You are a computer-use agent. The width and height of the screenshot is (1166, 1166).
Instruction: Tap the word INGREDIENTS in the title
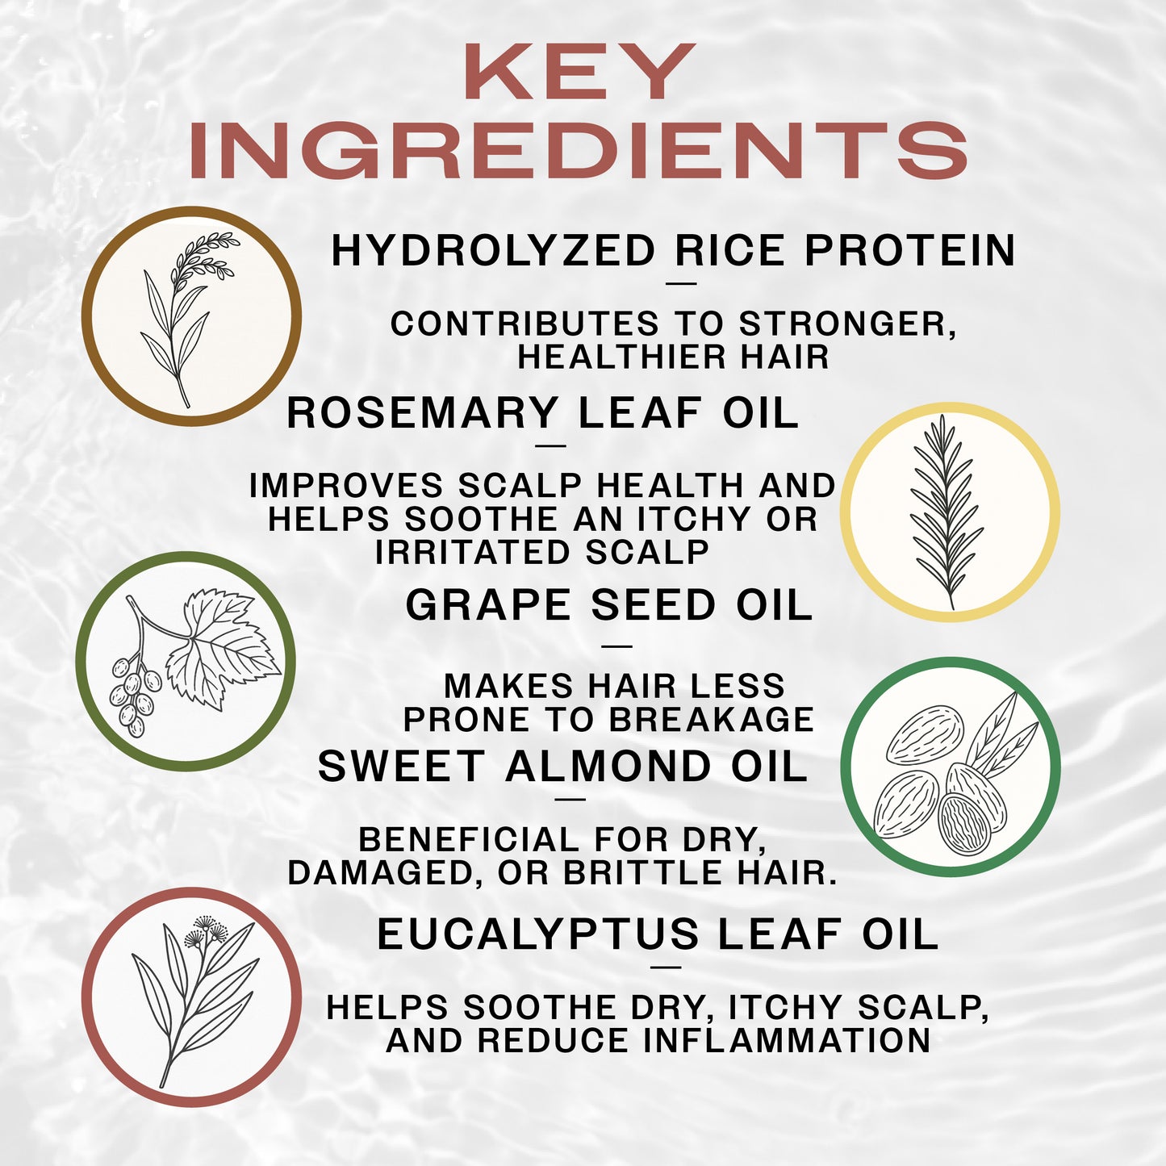point(578,151)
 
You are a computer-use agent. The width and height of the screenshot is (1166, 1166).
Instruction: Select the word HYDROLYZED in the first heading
point(493,251)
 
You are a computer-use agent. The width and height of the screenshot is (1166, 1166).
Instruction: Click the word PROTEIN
point(910,251)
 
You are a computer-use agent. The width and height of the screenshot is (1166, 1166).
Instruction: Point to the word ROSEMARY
point(423,413)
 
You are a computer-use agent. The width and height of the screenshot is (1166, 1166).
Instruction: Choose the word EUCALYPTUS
point(537,935)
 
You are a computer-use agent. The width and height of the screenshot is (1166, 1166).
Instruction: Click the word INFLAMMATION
point(787,1041)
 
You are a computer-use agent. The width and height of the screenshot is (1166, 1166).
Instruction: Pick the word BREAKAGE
point(711,720)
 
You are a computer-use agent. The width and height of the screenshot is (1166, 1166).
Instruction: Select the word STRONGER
point(847,324)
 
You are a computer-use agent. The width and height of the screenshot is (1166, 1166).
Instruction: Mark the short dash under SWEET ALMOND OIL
point(570,800)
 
